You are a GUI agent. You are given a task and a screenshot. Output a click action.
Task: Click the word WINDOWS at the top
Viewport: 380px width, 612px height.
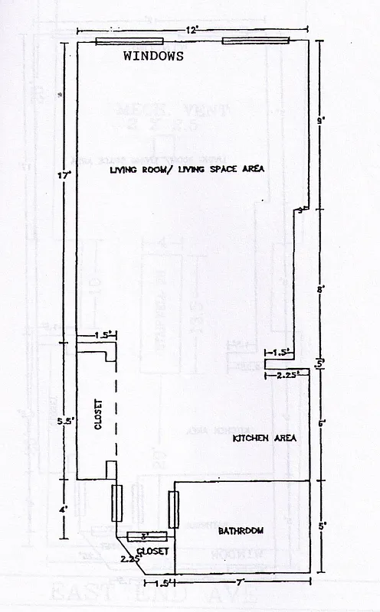coord(153,56)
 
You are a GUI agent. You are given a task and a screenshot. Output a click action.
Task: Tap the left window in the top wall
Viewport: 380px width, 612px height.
coord(129,41)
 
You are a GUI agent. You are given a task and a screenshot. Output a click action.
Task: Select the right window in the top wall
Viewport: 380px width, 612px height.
coord(256,41)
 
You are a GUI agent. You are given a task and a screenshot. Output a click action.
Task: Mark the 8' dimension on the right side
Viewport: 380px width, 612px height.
coord(322,289)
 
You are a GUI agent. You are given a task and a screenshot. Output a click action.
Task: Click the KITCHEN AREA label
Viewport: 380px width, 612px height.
coord(264,438)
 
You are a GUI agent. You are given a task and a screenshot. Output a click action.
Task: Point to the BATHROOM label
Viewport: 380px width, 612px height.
coord(241,530)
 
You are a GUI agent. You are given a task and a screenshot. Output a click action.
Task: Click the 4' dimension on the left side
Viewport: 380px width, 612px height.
coord(65,509)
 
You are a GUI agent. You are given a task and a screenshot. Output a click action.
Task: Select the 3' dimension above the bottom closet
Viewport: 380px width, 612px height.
coord(142,535)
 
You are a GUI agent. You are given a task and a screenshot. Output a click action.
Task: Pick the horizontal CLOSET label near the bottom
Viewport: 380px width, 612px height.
coord(150,551)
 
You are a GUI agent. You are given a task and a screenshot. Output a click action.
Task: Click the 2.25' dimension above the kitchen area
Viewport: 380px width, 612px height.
coord(287,375)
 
